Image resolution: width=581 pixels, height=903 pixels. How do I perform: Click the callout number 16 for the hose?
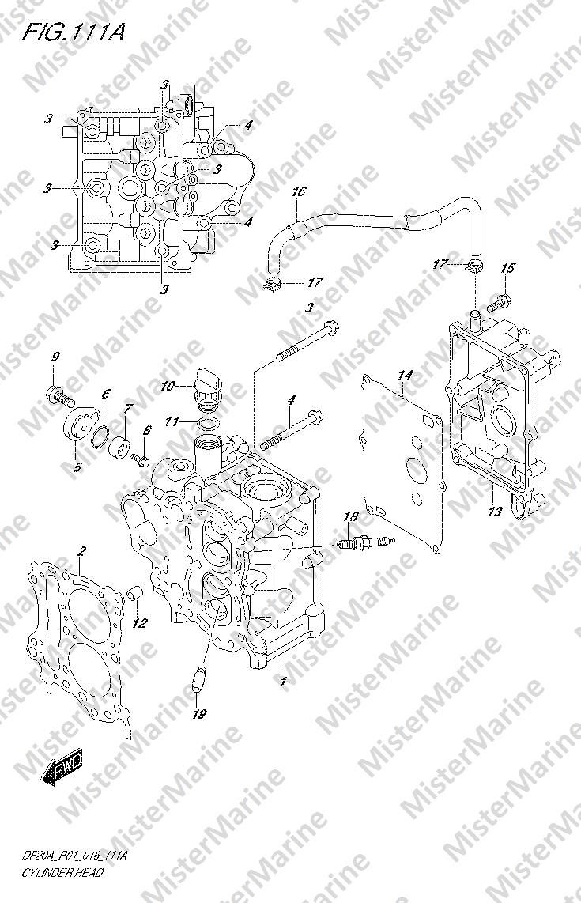point(298,192)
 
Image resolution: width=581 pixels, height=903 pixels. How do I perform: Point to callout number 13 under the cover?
point(495,511)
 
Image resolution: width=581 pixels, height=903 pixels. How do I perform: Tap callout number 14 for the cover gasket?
point(405,376)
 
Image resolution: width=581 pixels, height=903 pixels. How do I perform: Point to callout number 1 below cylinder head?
point(283,682)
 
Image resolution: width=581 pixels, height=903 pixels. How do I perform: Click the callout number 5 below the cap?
point(77,467)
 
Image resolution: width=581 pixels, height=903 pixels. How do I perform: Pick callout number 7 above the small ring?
point(128,408)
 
